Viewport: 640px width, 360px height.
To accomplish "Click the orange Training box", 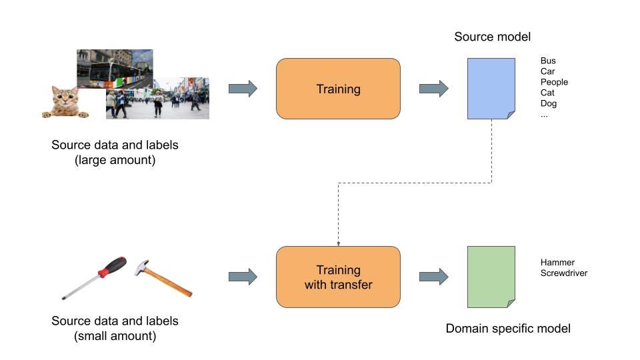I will pyautogui.click(x=338, y=89).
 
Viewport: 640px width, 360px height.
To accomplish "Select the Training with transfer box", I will pyautogui.click(x=338, y=277).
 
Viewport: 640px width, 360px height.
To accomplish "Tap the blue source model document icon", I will pyautogui.click(x=491, y=89).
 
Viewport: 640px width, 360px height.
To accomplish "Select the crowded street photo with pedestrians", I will pyautogui.click(x=157, y=99).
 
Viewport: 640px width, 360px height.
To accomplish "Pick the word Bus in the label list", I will pyautogui.click(x=548, y=61).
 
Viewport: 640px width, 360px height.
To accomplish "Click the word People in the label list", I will pyautogui.click(x=554, y=83).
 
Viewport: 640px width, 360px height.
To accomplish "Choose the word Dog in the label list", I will pyautogui.click(x=549, y=104).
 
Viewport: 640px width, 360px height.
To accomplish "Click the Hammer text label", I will pyautogui.click(x=557, y=263).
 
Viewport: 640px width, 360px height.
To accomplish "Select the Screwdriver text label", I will pyautogui.click(x=564, y=273).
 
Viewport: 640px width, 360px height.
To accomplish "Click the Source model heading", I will pyautogui.click(x=492, y=37).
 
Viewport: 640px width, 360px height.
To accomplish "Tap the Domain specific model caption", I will pyautogui.click(x=508, y=329).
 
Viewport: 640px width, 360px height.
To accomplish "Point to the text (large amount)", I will pyautogui.click(x=115, y=160).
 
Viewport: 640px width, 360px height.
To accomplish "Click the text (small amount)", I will pyautogui.click(x=115, y=336).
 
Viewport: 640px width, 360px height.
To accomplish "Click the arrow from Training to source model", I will pyautogui.click(x=433, y=89).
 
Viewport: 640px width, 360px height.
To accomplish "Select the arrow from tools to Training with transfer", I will pyautogui.click(x=243, y=277).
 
